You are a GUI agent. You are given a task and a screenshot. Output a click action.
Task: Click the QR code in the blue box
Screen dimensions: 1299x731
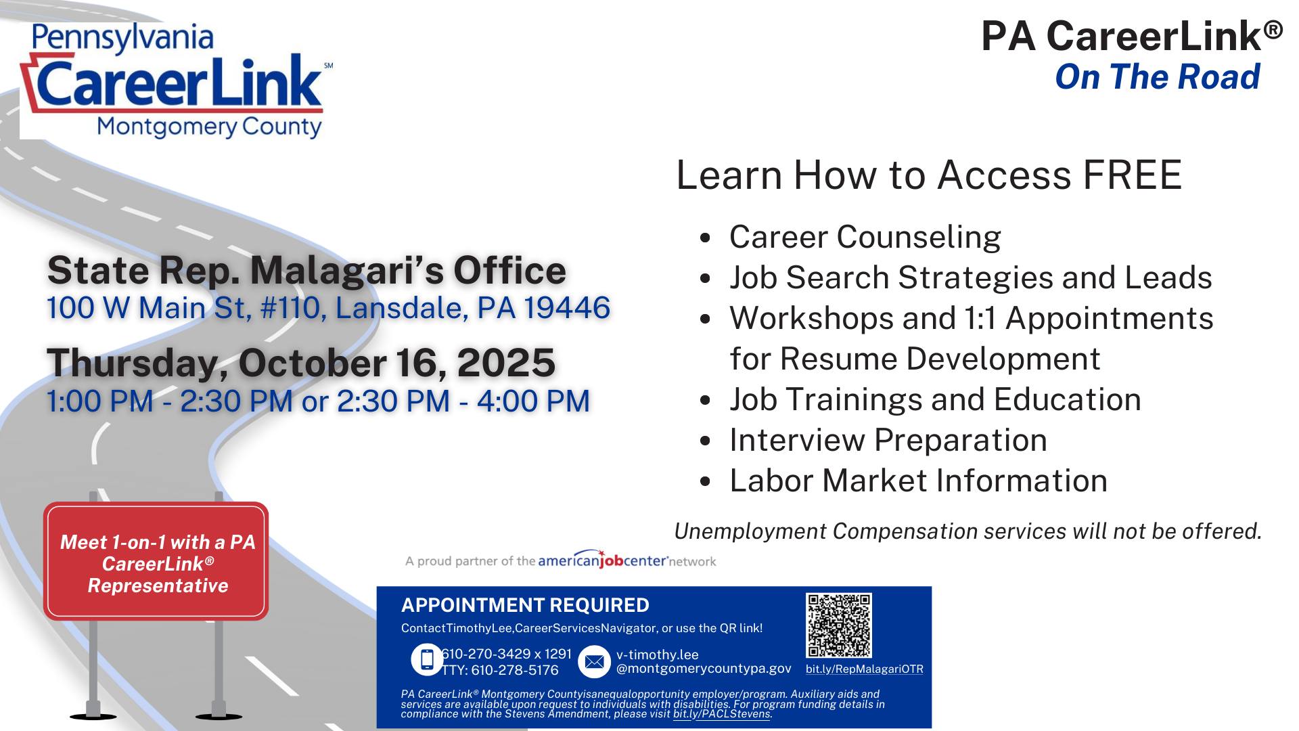839,625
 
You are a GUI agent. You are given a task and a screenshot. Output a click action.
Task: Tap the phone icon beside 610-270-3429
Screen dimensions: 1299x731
427,659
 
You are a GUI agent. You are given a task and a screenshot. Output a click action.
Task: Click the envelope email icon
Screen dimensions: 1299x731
594,661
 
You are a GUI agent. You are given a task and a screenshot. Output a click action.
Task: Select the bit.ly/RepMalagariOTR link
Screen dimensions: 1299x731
864,669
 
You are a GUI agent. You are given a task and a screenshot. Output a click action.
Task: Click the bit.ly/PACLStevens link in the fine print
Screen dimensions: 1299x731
721,714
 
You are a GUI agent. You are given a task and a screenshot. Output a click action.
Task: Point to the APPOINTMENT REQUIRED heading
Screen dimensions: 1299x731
525,605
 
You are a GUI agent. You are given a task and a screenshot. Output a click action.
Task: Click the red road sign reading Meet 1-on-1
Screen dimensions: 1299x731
156,561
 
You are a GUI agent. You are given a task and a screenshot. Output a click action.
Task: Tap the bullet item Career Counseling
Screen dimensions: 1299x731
865,237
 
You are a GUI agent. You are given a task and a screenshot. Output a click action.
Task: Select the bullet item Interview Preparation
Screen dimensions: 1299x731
888,440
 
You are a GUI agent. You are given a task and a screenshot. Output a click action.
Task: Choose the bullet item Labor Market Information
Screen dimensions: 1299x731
918,481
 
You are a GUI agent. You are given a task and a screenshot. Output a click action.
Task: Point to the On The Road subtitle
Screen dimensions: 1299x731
1158,76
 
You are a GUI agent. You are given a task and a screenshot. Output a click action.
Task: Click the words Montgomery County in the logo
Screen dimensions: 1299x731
210,127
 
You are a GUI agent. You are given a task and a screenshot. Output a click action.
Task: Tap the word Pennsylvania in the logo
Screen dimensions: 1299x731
122,39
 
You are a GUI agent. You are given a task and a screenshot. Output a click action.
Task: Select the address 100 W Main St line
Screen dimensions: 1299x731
328,308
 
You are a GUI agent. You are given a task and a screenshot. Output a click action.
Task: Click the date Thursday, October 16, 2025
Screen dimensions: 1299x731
301,362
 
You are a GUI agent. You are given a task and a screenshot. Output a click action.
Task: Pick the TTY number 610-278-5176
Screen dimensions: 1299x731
500,670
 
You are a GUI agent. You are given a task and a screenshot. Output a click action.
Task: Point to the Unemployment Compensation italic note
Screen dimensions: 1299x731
968,531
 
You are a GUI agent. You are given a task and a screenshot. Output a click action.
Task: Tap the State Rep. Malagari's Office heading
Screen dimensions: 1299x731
306,270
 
